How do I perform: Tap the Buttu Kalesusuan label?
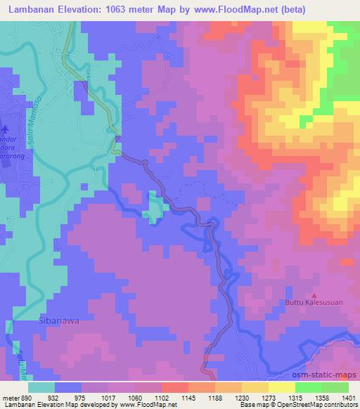pos(314,304)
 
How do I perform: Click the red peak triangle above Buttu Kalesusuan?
pos(314,295)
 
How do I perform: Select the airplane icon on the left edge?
pos(6,129)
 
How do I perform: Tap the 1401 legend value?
pos(345,397)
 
